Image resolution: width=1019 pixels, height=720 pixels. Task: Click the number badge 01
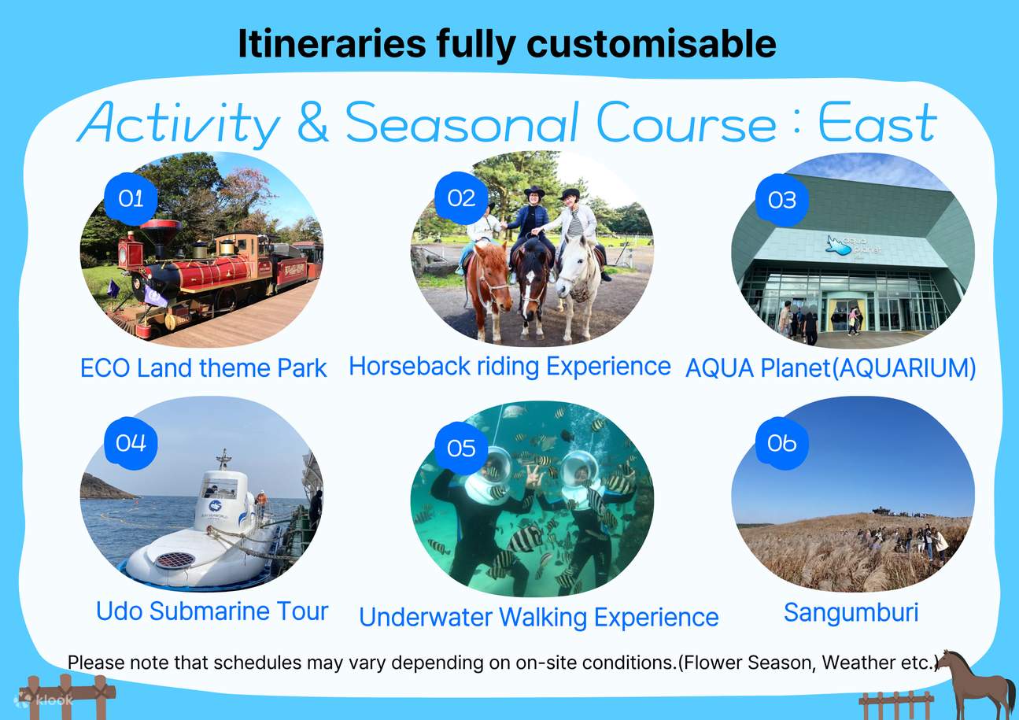pos(131,199)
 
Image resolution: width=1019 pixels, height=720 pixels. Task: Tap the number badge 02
pos(461,198)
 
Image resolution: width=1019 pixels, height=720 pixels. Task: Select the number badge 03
pos(781,200)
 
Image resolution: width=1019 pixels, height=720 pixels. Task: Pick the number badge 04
pos(131,444)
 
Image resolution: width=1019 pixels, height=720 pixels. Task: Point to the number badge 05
pos(461,449)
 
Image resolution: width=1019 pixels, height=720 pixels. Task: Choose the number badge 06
pos(781,444)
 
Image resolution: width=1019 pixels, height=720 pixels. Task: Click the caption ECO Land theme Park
pos(203,368)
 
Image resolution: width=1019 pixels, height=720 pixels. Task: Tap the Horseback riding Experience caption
pos(509,366)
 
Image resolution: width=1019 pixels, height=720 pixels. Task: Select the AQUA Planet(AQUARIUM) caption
pos(830,368)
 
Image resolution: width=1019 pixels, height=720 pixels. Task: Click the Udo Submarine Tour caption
pos(212,611)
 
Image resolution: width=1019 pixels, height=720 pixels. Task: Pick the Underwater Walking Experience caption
pos(538,618)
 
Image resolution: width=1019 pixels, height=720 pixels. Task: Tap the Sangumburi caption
pos(851,612)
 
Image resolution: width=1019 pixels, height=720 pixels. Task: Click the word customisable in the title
pos(653,44)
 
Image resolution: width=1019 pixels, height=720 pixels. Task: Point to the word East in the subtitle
pos(877,124)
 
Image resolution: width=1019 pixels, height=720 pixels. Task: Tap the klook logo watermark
pos(45,700)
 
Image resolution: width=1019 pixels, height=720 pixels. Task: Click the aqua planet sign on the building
pos(853,246)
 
